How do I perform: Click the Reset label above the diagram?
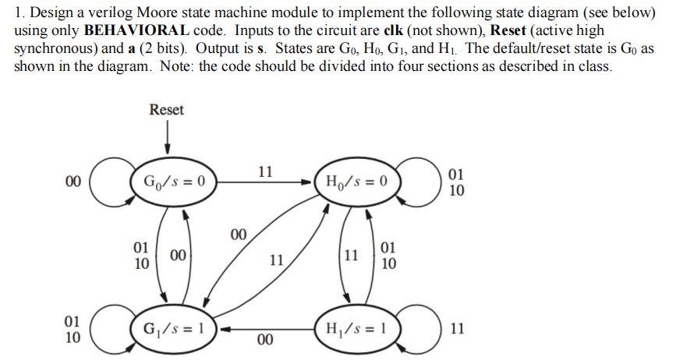point(166,110)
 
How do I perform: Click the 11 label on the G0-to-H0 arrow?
point(265,171)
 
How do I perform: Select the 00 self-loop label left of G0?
point(73,182)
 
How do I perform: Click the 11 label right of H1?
point(458,330)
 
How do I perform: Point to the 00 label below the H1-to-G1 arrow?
point(265,341)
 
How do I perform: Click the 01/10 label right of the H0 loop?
point(458,182)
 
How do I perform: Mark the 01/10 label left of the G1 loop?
point(72,329)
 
